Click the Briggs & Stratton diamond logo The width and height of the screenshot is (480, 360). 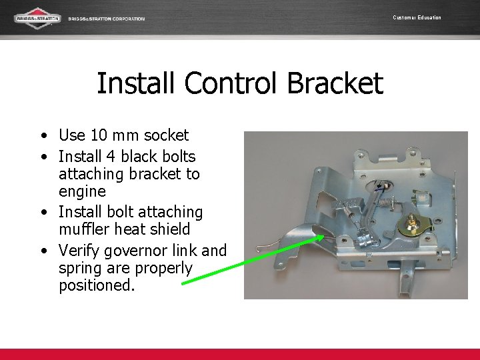click(x=37, y=18)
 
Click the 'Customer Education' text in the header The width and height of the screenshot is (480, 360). click(x=417, y=17)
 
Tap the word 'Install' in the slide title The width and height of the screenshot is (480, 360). click(x=136, y=84)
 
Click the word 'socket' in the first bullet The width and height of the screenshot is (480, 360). click(x=161, y=135)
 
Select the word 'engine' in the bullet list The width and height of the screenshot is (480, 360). click(x=82, y=192)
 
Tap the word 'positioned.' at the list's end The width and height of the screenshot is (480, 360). click(x=97, y=287)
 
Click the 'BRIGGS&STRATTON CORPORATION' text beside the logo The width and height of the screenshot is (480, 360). click(x=107, y=19)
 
